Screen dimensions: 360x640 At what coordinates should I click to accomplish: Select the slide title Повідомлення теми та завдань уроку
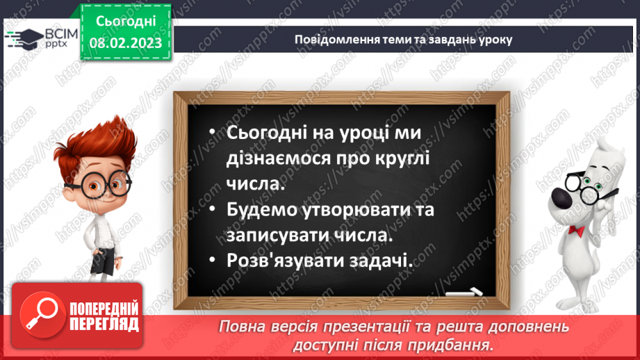(x=403, y=39)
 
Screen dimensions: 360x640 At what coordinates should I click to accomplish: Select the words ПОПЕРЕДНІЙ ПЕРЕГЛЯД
(x=104, y=315)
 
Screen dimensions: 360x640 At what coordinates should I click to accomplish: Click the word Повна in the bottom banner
(x=240, y=327)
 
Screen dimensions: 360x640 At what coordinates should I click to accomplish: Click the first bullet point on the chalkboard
(x=213, y=133)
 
